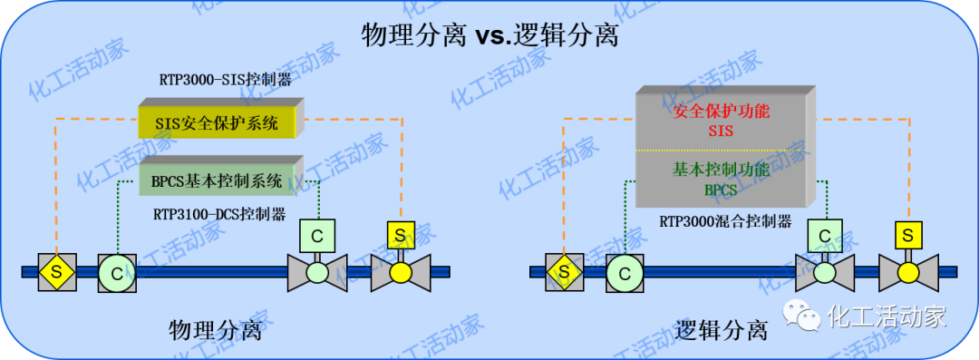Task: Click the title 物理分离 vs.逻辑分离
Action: [x=489, y=35]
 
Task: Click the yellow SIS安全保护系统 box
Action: [x=219, y=122]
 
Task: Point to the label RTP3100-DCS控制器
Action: [x=219, y=215]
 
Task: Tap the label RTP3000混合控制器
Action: [x=725, y=221]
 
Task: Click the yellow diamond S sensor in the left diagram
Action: [x=56, y=271]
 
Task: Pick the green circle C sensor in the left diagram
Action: [x=117, y=271]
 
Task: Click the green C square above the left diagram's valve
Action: [x=317, y=235]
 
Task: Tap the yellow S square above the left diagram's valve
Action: [x=400, y=235]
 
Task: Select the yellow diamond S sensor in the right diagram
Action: [x=564, y=271]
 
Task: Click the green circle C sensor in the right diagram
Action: [x=625, y=271]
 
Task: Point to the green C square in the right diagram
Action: [x=824, y=236]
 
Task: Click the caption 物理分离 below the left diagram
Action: [x=216, y=329]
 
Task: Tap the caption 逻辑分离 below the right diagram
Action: [x=722, y=329]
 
